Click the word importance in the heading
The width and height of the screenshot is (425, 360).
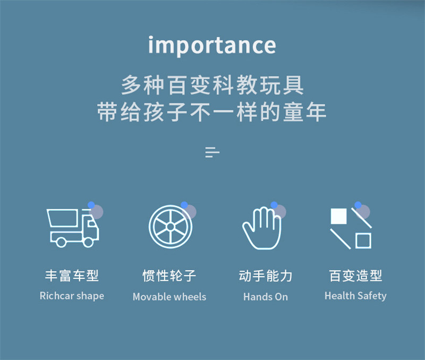212,46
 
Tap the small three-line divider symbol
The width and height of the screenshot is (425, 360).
212,152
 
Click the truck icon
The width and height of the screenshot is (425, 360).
73,228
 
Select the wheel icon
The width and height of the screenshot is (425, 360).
171,227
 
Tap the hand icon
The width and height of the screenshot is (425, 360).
262,228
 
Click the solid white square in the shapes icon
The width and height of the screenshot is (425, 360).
338,216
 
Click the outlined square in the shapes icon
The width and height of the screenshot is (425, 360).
363,241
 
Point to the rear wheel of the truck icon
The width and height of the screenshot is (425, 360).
61,242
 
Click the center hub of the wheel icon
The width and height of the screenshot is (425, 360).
171,227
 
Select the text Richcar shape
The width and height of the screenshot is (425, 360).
72,296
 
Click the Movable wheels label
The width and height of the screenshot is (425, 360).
169,297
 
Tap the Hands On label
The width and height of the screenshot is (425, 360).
266,297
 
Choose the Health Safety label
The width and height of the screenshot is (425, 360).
355,296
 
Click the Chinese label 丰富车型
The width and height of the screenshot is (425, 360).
72,276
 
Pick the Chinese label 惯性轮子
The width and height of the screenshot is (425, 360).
169,276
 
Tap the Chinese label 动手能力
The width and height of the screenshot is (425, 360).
266,276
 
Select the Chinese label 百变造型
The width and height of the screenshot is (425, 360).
355,276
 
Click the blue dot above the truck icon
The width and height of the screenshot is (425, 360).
91,205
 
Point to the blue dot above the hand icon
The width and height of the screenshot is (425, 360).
274,205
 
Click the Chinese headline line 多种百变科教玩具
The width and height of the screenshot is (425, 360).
212,85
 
